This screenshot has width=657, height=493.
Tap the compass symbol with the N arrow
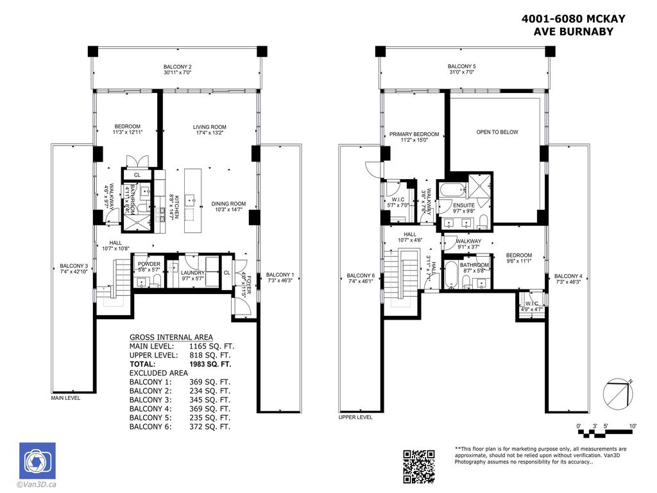pos(618,393)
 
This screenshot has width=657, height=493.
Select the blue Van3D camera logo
pos(37,460)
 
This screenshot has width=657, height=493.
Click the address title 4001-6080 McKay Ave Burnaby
pos(572,25)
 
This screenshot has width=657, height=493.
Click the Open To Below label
pos(497,132)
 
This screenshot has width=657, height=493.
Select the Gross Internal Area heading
pos(171,337)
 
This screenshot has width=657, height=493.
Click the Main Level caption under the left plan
pos(66,398)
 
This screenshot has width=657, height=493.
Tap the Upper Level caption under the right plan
pos(355,417)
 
